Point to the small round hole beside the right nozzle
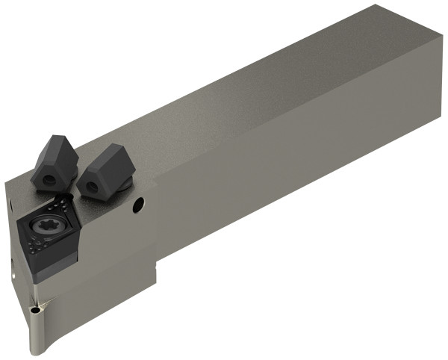point(138,204)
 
